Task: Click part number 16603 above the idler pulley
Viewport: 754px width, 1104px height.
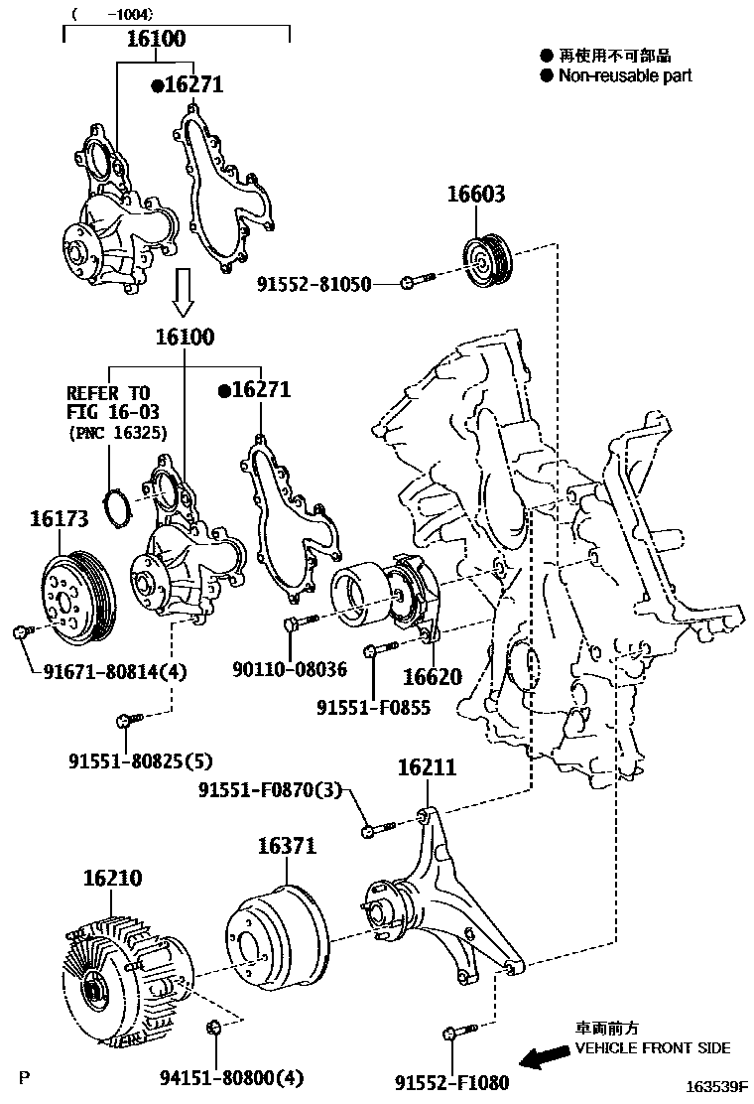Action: (x=476, y=194)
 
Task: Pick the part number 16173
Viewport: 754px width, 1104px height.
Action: (x=59, y=518)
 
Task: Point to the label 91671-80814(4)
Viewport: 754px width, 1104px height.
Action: (x=115, y=672)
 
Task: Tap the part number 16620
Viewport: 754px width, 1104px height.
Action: (x=432, y=677)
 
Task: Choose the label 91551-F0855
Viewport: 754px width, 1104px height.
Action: (x=373, y=708)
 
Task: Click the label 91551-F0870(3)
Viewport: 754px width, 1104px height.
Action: (x=270, y=790)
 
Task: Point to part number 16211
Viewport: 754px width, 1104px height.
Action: (x=427, y=767)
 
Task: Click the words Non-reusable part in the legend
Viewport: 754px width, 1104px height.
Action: (x=624, y=75)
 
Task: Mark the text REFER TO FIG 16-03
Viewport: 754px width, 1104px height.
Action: (x=113, y=401)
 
